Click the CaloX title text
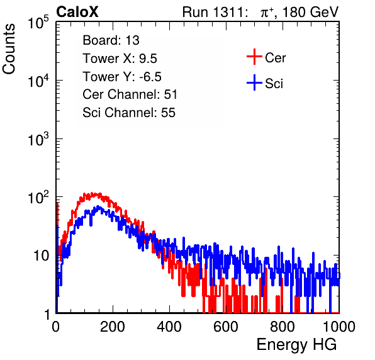click(x=77, y=12)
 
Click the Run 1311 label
click(x=213, y=12)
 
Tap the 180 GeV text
click(x=310, y=12)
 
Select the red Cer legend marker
click(x=254, y=57)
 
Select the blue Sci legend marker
click(x=254, y=82)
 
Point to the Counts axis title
click(x=9, y=49)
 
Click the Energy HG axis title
click(x=296, y=345)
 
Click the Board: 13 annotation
click(x=111, y=40)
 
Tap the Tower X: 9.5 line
click(x=120, y=59)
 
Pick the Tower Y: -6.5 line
click(x=122, y=77)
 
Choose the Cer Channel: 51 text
click(x=130, y=94)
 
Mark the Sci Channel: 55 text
click(x=129, y=113)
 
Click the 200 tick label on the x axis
click(x=113, y=327)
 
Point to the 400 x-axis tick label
click(x=169, y=327)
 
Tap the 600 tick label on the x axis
click(x=226, y=327)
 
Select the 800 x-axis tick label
click(x=283, y=327)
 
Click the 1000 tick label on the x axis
click(x=339, y=327)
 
